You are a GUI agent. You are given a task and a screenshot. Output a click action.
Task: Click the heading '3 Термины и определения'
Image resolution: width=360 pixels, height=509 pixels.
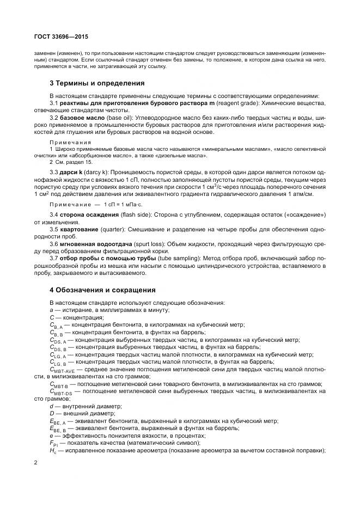click(x=96, y=83)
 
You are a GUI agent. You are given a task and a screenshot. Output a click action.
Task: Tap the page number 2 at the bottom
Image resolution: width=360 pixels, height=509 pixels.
click(x=35, y=463)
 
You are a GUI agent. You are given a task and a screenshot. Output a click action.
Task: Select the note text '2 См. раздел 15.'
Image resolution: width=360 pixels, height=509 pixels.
click(x=70, y=162)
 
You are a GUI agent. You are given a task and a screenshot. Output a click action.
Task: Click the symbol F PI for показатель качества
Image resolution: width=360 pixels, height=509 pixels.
click(x=53, y=444)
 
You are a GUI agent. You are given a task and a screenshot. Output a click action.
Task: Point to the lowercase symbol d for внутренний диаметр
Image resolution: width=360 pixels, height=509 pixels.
click(x=51, y=406)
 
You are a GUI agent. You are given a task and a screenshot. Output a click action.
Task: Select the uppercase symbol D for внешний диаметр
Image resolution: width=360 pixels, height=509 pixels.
click(x=51, y=413)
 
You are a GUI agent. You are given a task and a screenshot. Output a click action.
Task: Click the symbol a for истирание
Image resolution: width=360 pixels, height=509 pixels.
click(x=51, y=310)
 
